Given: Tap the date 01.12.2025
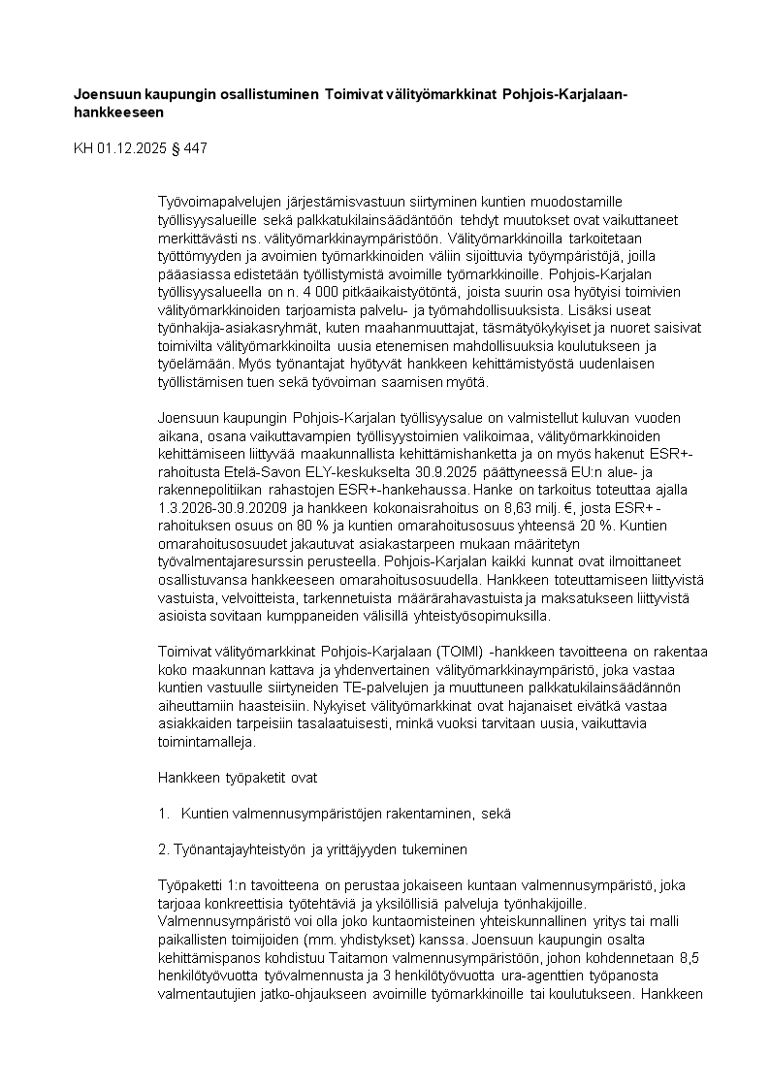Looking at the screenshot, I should coord(131,148).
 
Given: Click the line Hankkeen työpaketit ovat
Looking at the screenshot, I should coord(237,777).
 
